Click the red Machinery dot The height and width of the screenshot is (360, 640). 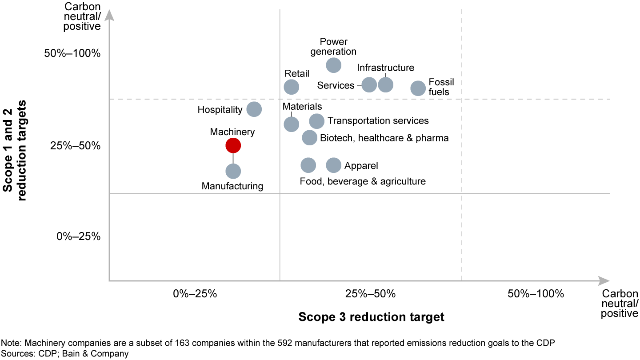[x=233, y=145]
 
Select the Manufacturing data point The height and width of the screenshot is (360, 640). [x=233, y=171]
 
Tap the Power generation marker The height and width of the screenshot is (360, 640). [x=334, y=65]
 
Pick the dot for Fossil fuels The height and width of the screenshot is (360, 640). [x=418, y=88]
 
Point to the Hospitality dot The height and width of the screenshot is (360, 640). [x=254, y=109]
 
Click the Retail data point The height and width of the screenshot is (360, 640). [x=291, y=87]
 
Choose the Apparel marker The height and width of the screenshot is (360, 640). [x=334, y=165]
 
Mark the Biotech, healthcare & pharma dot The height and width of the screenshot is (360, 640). [x=310, y=138]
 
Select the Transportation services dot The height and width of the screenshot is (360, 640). [x=316, y=121]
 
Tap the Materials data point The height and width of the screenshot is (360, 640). [x=291, y=124]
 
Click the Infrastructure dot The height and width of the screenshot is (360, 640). [x=385, y=84]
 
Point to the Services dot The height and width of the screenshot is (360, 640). [x=369, y=84]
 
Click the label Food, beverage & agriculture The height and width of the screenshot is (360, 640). [x=363, y=181]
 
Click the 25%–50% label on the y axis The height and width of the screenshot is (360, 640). [x=79, y=146]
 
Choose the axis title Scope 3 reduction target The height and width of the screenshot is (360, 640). [x=371, y=317]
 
